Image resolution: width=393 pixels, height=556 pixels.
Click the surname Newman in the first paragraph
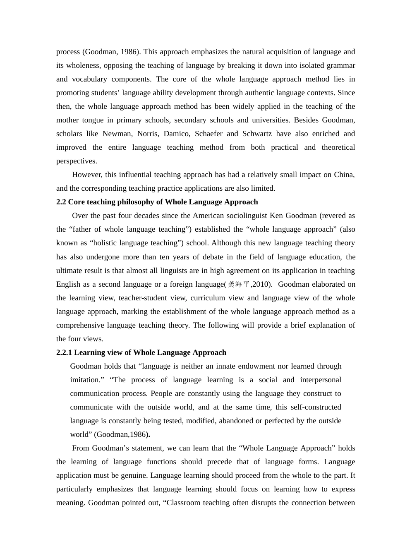[x=117, y=134]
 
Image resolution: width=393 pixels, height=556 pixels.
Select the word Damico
[x=176, y=134]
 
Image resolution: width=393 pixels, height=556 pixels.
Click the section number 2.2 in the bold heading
[x=61, y=202]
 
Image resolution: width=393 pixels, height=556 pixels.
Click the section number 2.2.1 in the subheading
[x=64, y=352]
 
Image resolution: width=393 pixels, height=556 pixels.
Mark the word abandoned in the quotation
[x=236, y=421]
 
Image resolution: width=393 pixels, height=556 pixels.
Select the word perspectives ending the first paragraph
[x=77, y=161]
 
